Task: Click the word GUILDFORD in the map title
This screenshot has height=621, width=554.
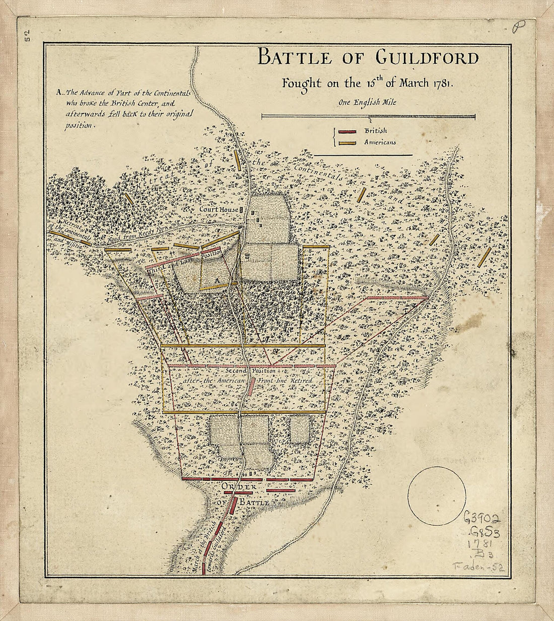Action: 427,58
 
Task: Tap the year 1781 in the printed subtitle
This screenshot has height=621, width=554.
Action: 442,84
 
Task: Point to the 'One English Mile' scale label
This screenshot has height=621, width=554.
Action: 368,103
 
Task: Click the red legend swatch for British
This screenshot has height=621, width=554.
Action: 348,132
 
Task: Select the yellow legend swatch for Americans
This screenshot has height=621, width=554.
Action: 348,143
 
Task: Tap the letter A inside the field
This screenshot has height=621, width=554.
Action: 217,280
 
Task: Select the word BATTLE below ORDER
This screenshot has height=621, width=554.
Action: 255,503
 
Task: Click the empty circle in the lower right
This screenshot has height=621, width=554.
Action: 436,496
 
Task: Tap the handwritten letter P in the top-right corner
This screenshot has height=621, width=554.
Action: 516,28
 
